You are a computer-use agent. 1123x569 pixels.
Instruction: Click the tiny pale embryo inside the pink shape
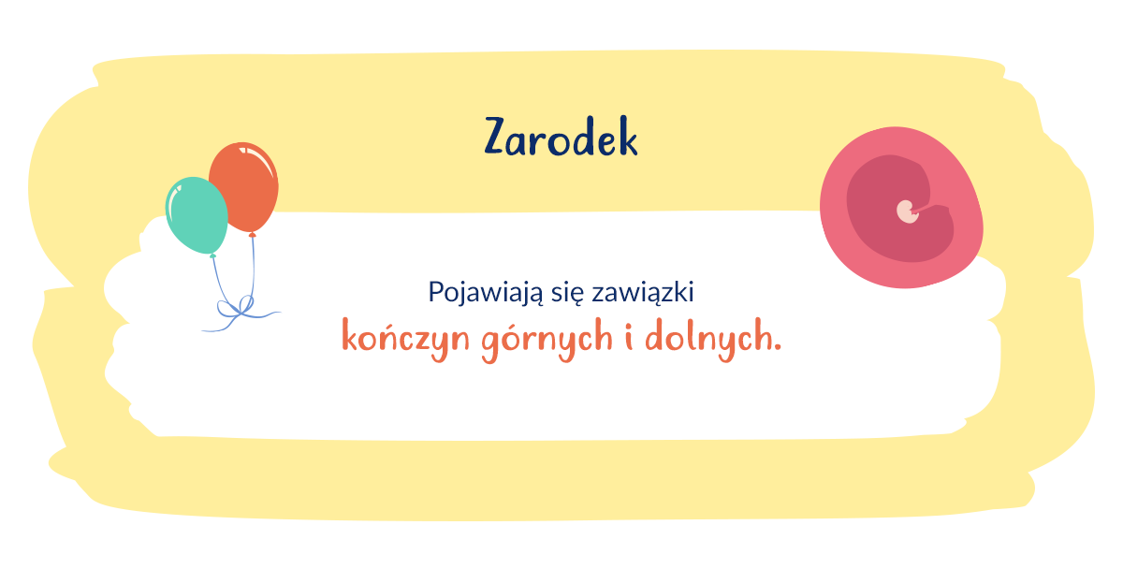tap(906, 212)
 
